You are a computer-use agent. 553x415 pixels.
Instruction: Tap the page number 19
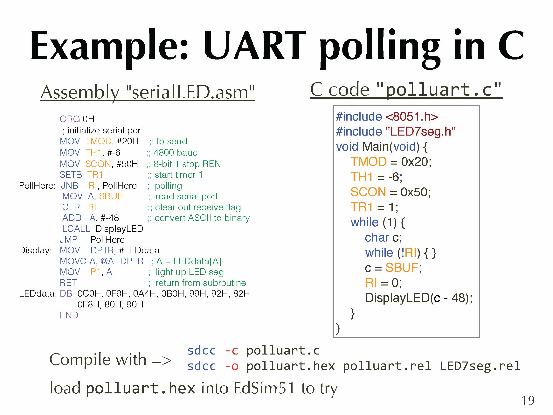pos(528,400)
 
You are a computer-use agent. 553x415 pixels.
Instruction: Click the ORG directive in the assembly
pos(70,119)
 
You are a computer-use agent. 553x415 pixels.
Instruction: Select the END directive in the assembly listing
pos(69,315)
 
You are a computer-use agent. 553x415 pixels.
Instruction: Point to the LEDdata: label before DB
pos(38,293)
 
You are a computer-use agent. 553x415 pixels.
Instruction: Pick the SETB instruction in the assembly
pos(71,175)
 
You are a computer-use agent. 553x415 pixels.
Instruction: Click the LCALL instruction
pos(76,229)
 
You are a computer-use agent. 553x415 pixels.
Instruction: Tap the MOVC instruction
pos(73,261)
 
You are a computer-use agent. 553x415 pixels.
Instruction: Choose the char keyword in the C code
pos(377,238)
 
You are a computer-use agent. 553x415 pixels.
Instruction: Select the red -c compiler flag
pos(231,351)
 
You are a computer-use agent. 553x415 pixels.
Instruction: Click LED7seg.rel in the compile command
pos(480,366)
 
